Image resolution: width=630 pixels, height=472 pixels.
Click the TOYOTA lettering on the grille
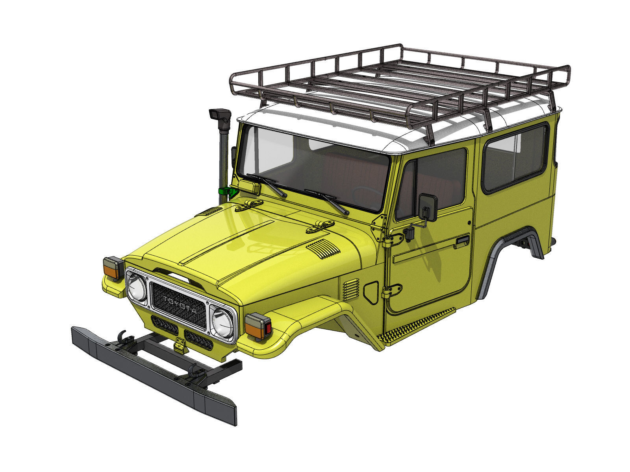click(179, 306)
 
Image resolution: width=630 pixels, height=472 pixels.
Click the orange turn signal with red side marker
click(258, 326)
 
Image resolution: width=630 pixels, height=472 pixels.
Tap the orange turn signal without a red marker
click(113, 268)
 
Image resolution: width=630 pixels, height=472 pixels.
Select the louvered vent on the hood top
click(323, 249)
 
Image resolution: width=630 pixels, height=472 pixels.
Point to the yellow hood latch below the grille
click(180, 345)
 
